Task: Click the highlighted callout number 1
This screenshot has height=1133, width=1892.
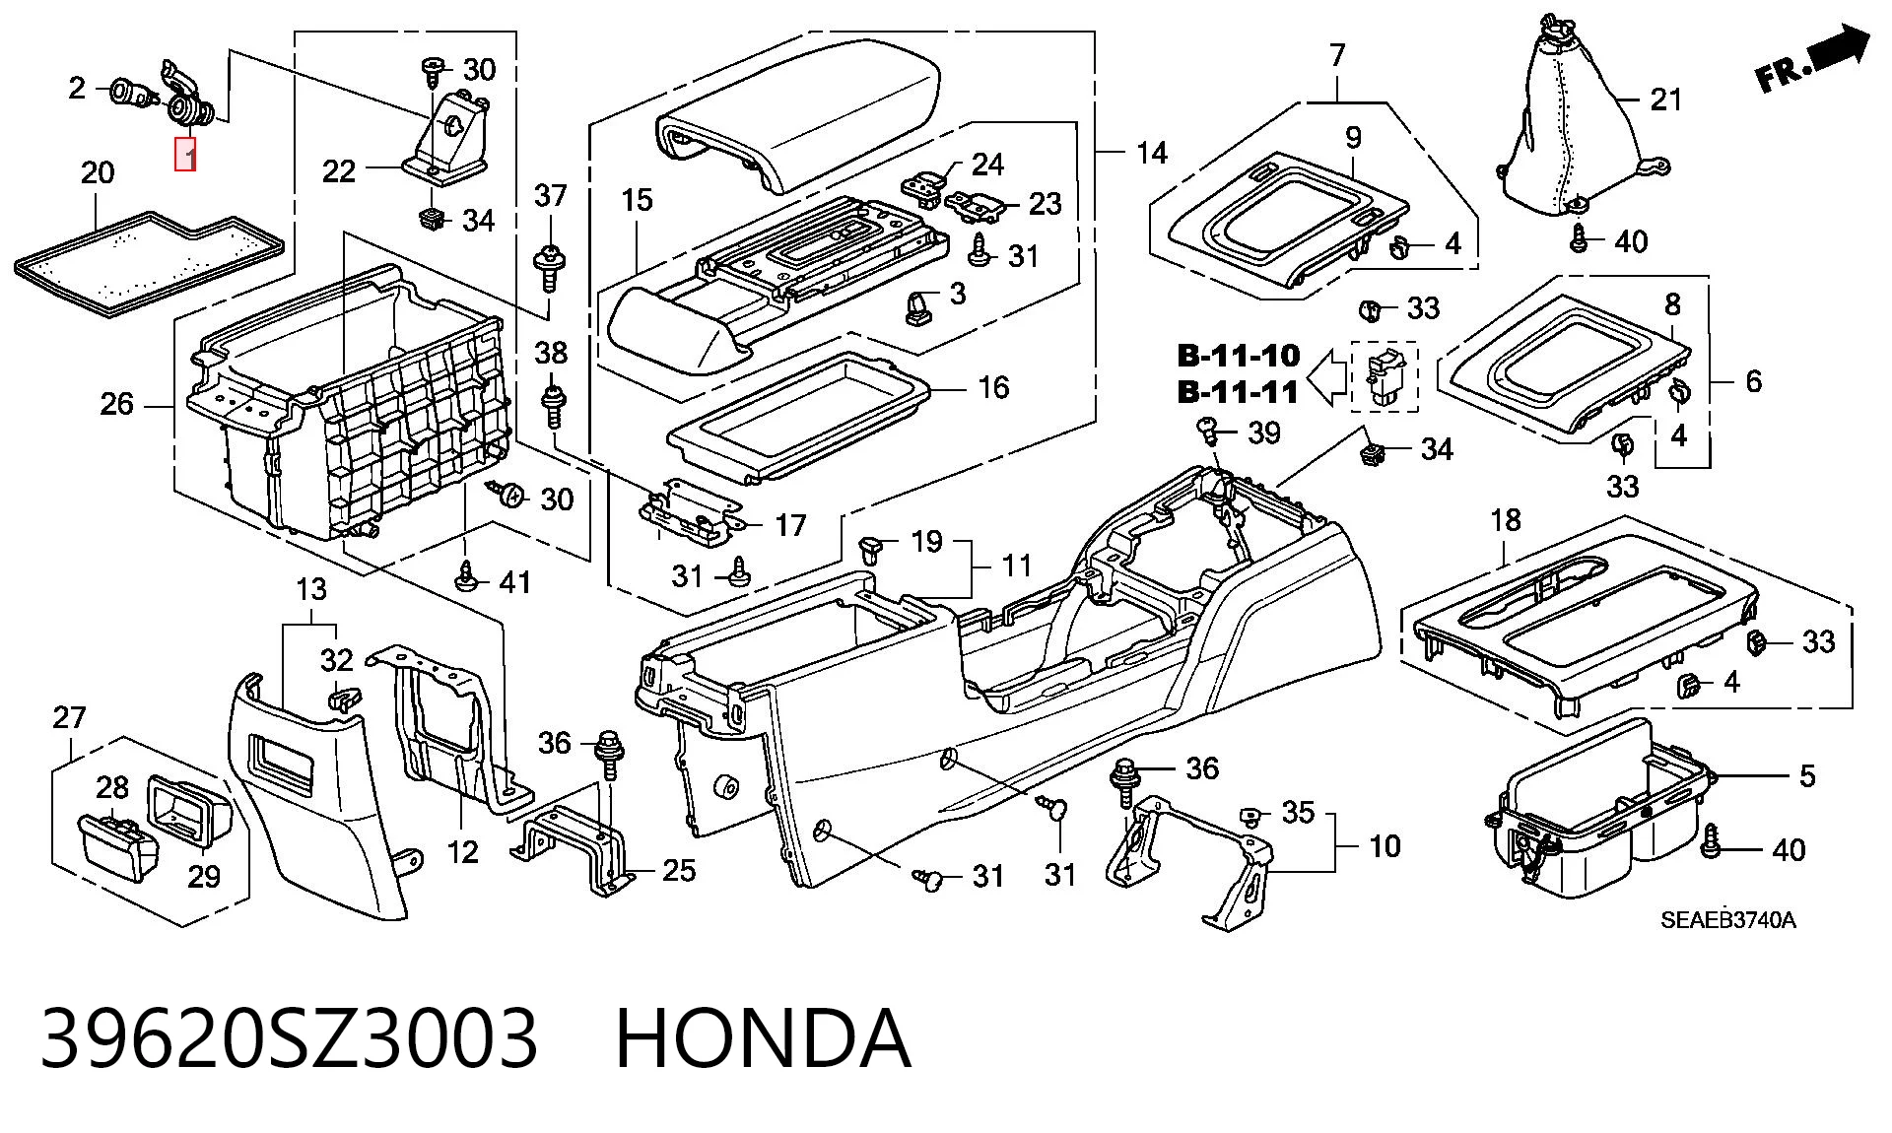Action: click(185, 156)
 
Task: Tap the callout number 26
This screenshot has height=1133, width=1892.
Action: click(116, 404)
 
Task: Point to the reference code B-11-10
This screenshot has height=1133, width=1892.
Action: click(1239, 356)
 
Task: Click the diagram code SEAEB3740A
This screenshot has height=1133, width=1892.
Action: click(1728, 921)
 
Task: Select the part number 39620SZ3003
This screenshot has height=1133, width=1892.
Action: click(289, 1037)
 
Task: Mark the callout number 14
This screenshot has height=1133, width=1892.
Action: click(1151, 153)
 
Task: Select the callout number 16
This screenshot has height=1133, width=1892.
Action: click(993, 387)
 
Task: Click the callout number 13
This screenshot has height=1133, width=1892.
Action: click(311, 590)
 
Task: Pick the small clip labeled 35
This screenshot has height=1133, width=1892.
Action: click(1250, 814)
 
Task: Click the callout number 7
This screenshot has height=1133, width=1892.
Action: click(1337, 55)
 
